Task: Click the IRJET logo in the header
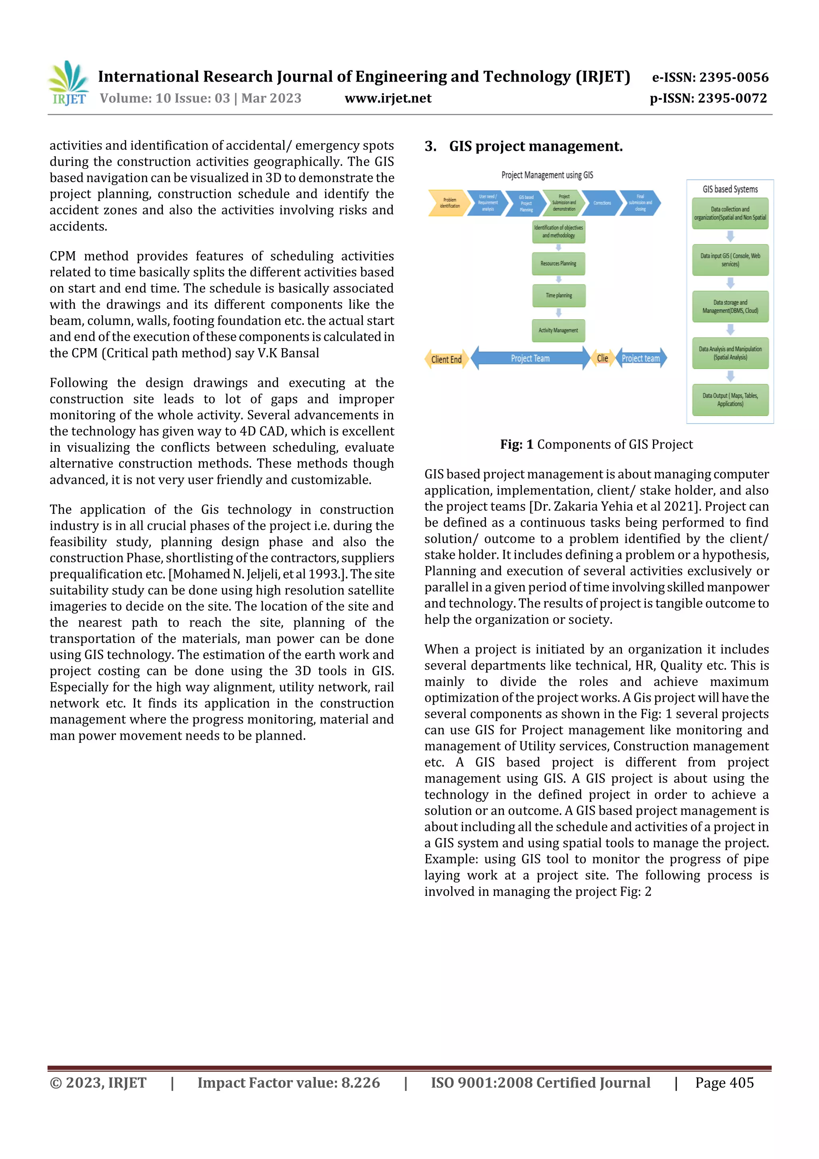click(69, 84)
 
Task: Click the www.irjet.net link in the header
click(388, 98)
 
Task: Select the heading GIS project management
click(535, 146)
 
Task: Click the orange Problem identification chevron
click(448, 203)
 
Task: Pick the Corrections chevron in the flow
click(601, 203)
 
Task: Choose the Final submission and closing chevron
click(639, 203)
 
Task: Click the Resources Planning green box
click(558, 264)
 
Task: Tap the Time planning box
click(559, 296)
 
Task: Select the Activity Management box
click(558, 330)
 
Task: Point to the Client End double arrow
click(447, 359)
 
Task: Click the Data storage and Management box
click(730, 307)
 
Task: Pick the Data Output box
click(730, 400)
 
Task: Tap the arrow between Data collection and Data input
click(730, 236)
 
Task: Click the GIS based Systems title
click(730, 189)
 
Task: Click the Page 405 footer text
click(724, 1082)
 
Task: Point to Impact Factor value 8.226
click(288, 1082)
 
